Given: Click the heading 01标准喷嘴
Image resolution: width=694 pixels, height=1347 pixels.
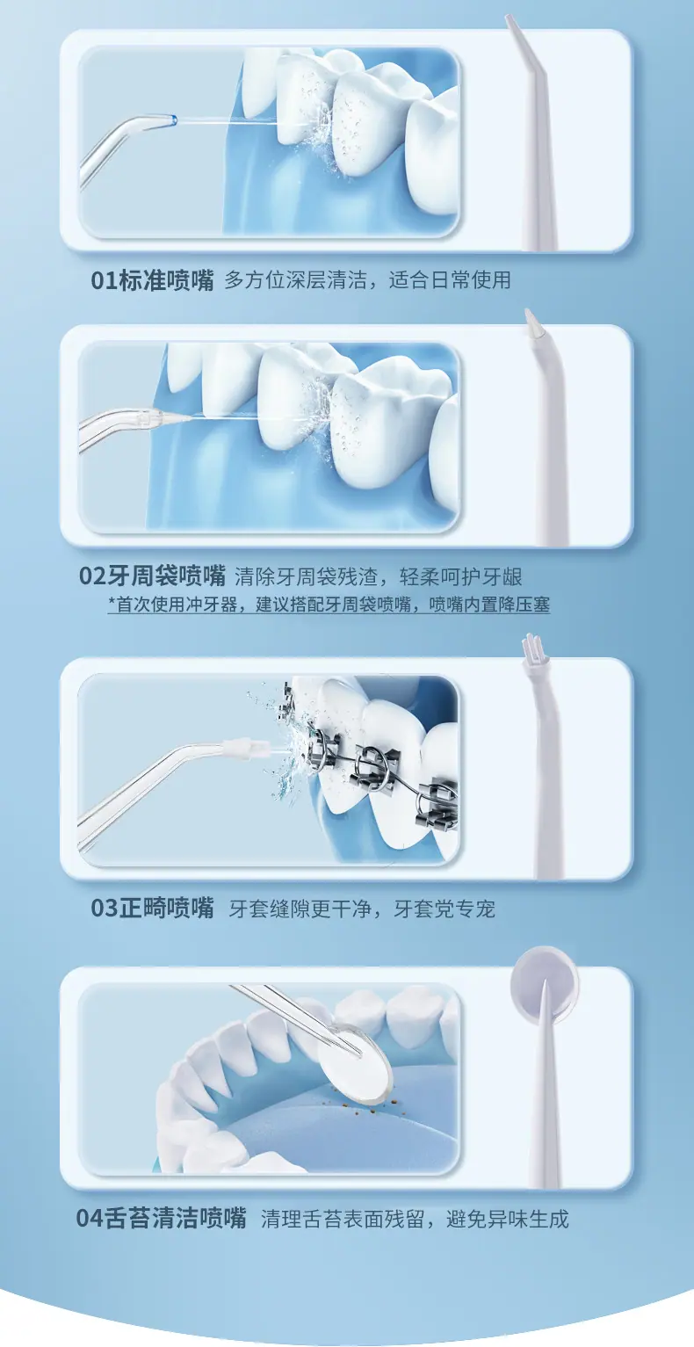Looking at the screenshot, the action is (x=152, y=280).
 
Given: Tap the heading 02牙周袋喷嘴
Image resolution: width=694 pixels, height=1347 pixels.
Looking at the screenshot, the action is (x=152, y=576).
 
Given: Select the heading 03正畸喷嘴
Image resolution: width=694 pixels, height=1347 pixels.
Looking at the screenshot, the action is (x=152, y=908).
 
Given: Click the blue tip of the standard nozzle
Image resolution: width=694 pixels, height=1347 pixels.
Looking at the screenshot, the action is (x=174, y=120).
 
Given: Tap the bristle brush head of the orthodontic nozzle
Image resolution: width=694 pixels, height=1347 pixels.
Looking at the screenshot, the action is (x=529, y=646).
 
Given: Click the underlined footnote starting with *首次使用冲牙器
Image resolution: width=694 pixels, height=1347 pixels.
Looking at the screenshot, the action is (x=329, y=604).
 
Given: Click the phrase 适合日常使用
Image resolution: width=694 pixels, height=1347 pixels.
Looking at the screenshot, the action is (x=450, y=280).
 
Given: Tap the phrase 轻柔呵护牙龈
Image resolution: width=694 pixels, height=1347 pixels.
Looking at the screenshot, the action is (x=460, y=576).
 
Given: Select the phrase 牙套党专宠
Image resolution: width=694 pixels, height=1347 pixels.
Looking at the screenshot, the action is (x=445, y=908).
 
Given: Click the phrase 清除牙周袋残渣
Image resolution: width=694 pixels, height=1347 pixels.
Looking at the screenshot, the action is (x=306, y=576).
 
